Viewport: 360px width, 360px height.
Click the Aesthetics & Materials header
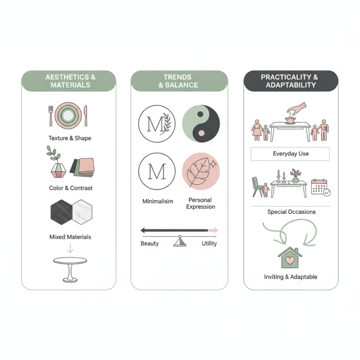[x=70, y=81]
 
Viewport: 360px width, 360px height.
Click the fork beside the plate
[x=51, y=116]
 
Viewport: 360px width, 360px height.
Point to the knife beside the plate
[x=86, y=116]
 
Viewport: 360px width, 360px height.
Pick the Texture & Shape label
[x=70, y=138]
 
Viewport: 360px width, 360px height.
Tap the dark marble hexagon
[x=61, y=212]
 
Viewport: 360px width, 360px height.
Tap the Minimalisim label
[x=157, y=202]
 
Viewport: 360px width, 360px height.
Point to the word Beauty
[x=150, y=243]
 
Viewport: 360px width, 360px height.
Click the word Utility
[x=209, y=243]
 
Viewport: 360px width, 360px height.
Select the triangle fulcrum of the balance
[x=180, y=242]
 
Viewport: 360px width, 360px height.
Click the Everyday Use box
[x=291, y=154]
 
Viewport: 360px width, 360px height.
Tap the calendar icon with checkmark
[x=320, y=187]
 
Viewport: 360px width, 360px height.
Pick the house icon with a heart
[x=290, y=257]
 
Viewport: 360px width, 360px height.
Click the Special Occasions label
[x=292, y=212]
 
